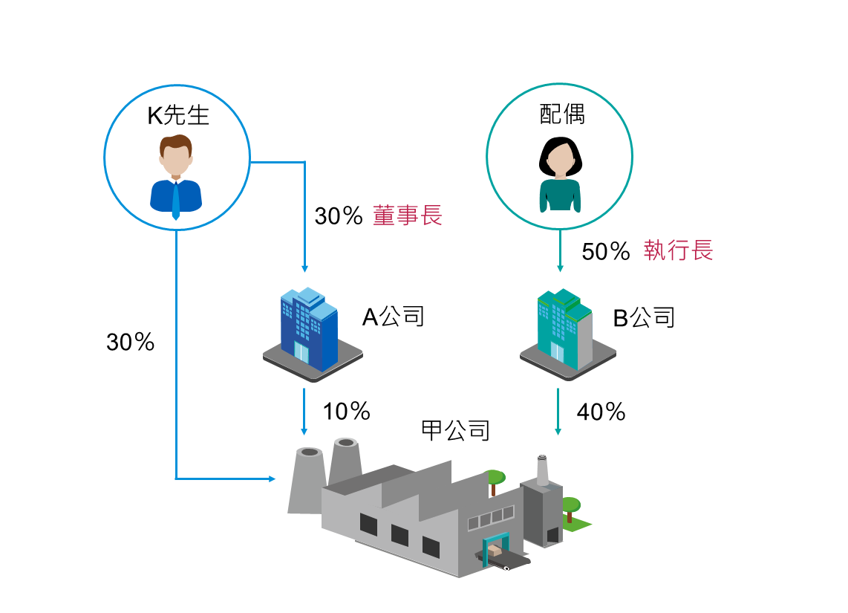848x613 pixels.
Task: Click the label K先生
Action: click(x=178, y=115)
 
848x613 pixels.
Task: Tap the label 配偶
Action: click(x=562, y=114)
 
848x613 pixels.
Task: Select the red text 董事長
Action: click(x=407, y=215)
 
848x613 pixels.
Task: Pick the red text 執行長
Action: click(x=678, y=250)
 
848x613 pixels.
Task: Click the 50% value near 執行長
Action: click(x=606, y=252)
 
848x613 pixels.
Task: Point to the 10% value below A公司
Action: click(x=347, y=411)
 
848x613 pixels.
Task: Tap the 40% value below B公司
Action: click(x=601, y=412)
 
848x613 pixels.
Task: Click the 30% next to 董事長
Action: click(x=339, y=216)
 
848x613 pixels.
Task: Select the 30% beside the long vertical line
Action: click(x=131, y=342)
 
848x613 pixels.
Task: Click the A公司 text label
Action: click(x=393, y=317)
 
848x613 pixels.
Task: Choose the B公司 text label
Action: click(x=644, y=317)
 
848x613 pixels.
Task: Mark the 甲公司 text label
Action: click(x=456, y=431)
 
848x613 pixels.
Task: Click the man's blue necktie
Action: click(x=176, y=200)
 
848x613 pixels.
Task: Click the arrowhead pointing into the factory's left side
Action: click(x=273, y=479)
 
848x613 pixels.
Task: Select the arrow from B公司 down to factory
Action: click(x=558, y=412)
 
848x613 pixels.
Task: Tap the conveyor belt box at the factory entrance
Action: click(x=495, y=551)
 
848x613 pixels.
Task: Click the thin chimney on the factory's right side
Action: click(x=543, y=470)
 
